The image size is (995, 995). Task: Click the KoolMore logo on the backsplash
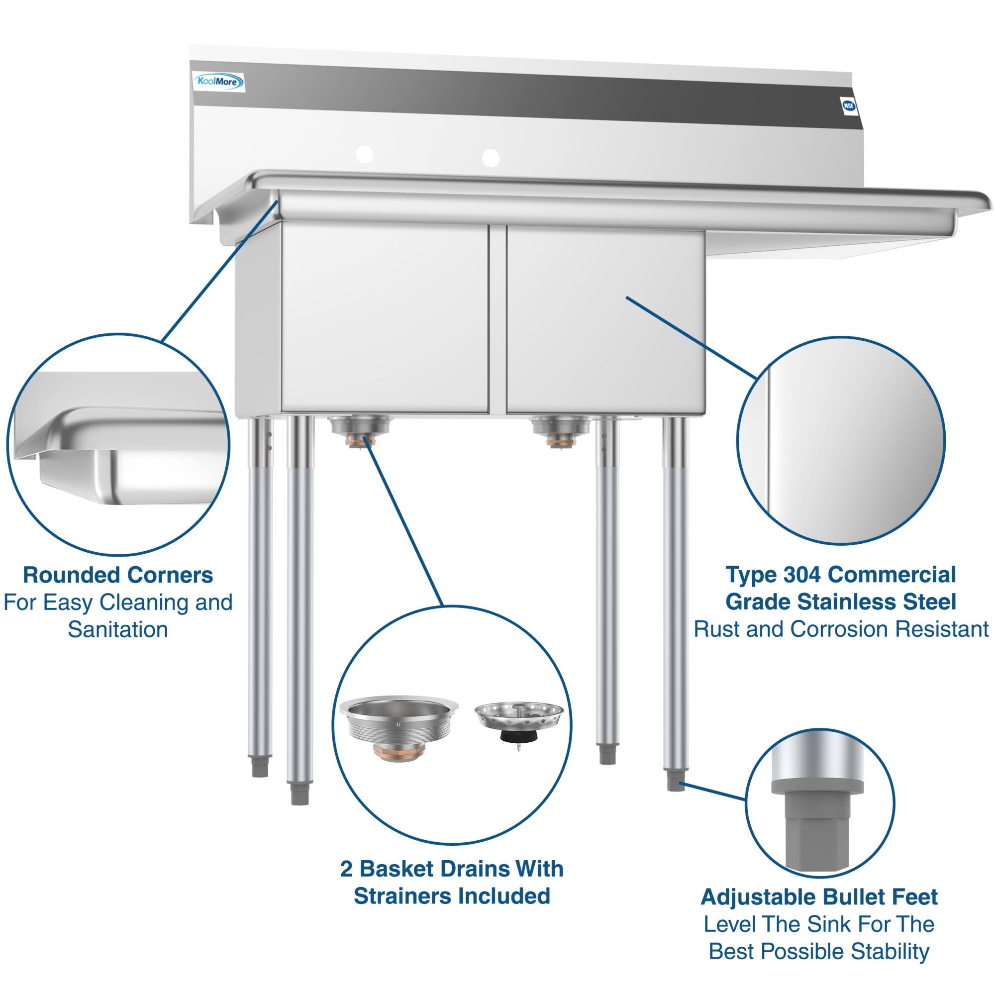(218, 82)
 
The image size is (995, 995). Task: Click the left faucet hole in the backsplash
(365, 153)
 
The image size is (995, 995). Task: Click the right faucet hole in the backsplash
(491, 158)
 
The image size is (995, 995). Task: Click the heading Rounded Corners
(118, 575)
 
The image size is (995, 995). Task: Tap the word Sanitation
(118, 629)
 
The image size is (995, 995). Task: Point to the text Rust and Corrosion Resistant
(840, 629)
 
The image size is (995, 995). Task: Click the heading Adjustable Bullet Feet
(819, 897)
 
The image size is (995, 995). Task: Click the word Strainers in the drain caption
(403, 896)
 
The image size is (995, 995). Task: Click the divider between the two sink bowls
(497, 319)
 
